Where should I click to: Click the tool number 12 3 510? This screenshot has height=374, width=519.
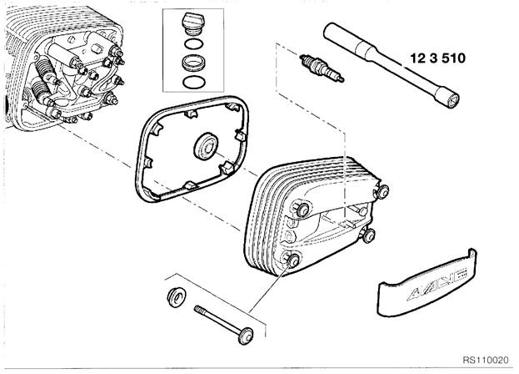pos(437,58)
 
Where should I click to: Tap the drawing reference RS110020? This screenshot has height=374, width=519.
pos(485,360)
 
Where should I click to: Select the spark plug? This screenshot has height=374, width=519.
pos(322,69)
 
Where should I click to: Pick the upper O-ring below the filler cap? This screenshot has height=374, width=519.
pos(192,43)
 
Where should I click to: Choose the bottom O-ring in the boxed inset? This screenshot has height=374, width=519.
pos(193,82)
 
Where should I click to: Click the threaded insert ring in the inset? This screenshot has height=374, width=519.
pos(193,63)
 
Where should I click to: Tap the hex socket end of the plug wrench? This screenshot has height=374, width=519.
pos(452,100)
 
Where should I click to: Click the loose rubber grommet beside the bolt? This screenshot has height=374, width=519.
pos(176,297)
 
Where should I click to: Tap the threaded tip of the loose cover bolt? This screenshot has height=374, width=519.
pos(198,310)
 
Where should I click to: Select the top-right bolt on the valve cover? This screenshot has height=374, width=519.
pos(382,192)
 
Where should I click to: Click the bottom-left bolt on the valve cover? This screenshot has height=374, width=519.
pos(292,260)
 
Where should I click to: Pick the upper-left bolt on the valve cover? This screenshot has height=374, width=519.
pos(302,210)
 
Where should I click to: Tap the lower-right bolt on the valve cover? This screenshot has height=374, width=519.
pos(368,235)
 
